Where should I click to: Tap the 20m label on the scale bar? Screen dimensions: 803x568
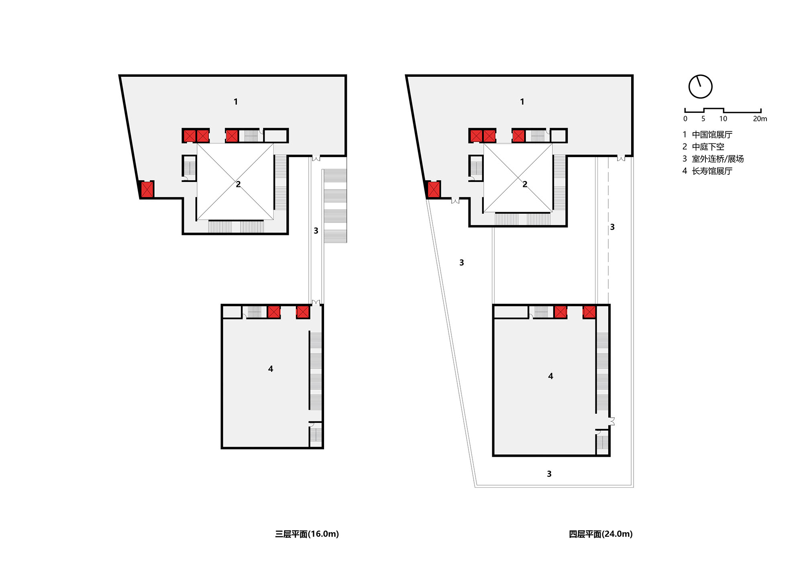(760, 119)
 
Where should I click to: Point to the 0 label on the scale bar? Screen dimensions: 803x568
(685, 119)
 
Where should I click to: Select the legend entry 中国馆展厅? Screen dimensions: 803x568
(712, 135)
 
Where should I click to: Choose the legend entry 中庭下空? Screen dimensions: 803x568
(708, 147)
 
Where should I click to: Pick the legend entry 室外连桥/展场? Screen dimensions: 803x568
(717, 159)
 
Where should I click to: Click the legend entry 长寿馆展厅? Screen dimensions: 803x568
(712, 171)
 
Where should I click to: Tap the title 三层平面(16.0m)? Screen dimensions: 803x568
(307, 534)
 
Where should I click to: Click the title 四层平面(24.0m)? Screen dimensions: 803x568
(601, 534)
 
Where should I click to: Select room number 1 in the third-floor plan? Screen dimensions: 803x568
(236, 102)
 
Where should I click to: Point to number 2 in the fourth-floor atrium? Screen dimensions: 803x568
(525, 184)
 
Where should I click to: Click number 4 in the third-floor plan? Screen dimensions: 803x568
(271, 369)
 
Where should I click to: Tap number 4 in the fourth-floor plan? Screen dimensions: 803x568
(550, 376)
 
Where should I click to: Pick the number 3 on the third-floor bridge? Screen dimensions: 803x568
(316, 231)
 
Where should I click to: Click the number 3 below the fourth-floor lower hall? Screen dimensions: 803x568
(549, 474)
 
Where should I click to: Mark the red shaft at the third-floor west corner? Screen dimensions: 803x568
(147, 189)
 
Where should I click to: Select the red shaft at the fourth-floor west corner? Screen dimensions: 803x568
(434, 189)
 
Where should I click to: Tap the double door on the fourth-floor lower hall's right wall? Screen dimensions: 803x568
(611, 421)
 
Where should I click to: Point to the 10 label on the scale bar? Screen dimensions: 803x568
(723, 119)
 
